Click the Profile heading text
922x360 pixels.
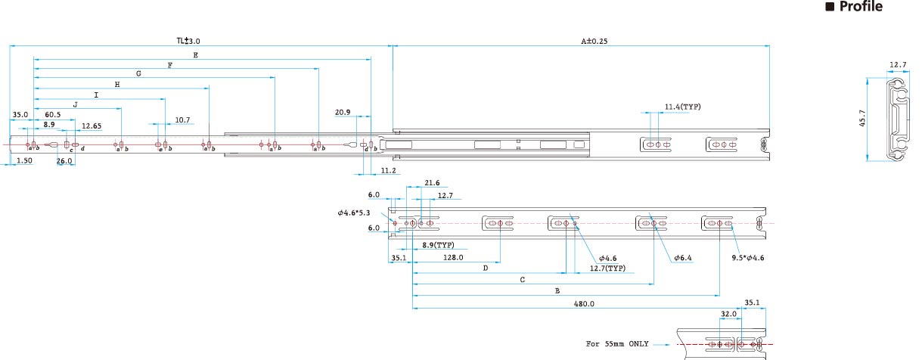tap(861, 6)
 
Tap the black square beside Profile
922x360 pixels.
tap(830, 7)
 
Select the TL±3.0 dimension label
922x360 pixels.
tap(188, 41)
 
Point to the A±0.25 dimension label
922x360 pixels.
tap(594, 41)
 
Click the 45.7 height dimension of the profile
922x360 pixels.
tap(863, 118)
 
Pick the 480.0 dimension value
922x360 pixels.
tap(584, 303)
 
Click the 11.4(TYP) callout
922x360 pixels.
tap(682, 107)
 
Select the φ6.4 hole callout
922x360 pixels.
tap(683, 258)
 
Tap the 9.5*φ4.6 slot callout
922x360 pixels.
tap(747, 258)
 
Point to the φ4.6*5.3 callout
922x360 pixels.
tap(353, 213)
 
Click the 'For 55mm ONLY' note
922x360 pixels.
tap(617, 343)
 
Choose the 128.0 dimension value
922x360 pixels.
tap(453, 257)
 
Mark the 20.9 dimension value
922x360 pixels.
tap(343, 112)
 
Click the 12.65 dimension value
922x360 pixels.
tap(92, 126)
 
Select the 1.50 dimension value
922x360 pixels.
tap(24, 160)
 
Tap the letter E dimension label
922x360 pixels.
tap(195, 54)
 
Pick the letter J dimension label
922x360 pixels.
tap(75, 104)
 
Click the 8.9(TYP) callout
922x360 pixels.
tap(438, 245)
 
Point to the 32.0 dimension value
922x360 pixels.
tap(728, 314)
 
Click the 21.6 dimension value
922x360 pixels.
tap(432, 183)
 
